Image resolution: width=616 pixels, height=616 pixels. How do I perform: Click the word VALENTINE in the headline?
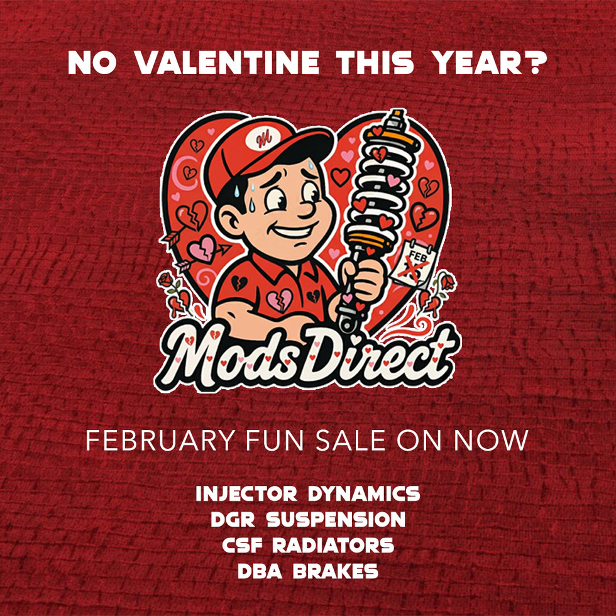coord(227,62)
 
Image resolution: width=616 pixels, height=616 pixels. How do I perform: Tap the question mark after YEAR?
coord(538,62)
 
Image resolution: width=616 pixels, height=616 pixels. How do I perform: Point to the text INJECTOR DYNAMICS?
coord(308,493)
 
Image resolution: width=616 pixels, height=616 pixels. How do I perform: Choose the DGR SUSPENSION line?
coord(308,519)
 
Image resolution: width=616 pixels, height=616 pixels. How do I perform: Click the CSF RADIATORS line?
coord(308,546)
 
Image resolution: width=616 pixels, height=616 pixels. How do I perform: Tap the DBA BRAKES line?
coord(308,571)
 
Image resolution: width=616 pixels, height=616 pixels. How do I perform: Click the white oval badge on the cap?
coord(263,139)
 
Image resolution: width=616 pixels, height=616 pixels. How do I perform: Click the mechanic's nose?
coord(307,209)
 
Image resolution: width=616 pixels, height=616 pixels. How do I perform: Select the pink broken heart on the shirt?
coord(279,300)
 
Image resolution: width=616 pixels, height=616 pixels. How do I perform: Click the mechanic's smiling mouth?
coord(295,231)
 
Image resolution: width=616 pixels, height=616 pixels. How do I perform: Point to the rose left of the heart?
coord(166,280)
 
